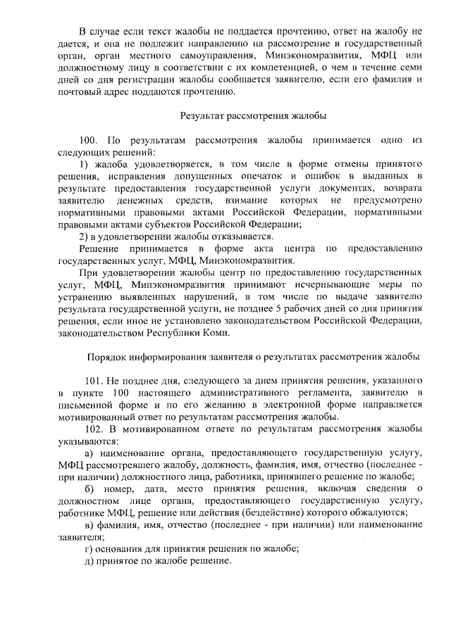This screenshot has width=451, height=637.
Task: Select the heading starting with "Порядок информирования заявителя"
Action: click(x=252, y=357)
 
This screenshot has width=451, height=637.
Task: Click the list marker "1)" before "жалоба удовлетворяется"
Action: click(x=85, y=163)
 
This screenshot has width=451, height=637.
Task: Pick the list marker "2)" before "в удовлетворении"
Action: click(x=85, y=236)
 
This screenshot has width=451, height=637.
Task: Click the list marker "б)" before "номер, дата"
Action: click(x=89, y=489)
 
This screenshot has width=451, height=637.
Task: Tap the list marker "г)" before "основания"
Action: click(x=89, y=548)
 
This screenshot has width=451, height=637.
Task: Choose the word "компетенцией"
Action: click(x=276, y=68)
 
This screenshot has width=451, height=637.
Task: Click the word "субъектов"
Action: click(x=145, y=224)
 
